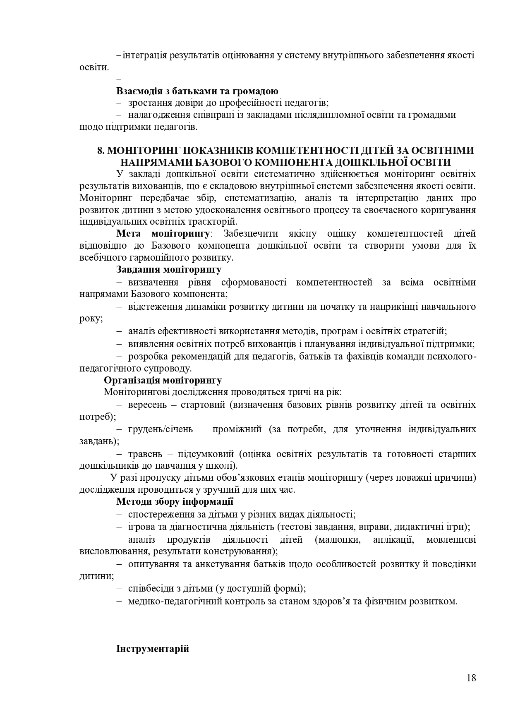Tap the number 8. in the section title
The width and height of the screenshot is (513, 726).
[x=101, y=151]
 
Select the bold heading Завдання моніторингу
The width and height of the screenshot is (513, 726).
[x=169, y=270]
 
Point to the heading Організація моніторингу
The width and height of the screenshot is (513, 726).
[x=163, y=380]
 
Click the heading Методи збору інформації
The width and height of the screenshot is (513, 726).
[x=175, y=502]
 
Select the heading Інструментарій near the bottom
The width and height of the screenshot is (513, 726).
[x=153, y=649]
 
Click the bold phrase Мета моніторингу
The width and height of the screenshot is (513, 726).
[x=163, y=234]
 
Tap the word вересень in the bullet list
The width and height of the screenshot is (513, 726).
[x=147, y=405]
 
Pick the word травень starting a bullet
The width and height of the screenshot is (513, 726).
[x=144, y=454]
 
